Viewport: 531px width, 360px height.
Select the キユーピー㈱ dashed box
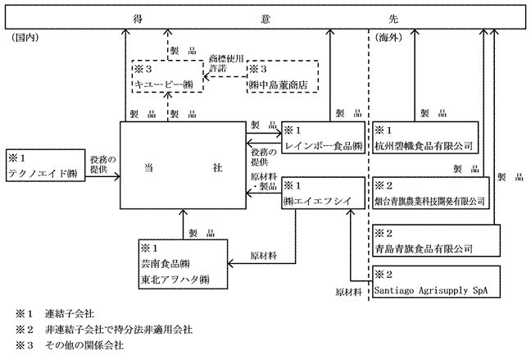(x=167, y=75)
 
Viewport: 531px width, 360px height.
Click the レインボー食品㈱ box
(x=321, y=139)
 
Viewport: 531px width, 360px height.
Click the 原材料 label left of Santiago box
(x=348, y=291)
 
